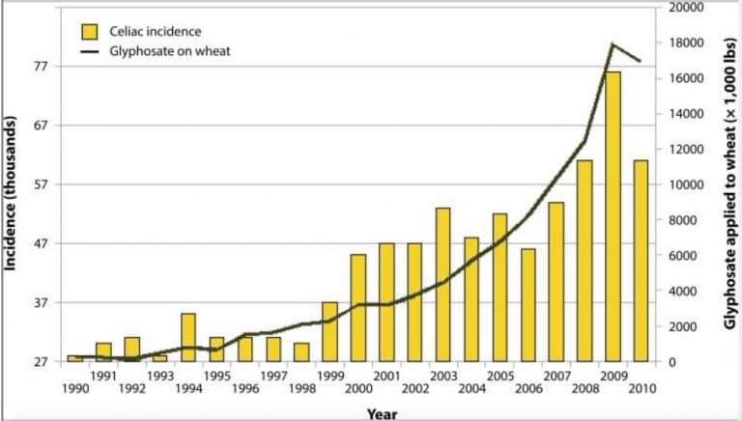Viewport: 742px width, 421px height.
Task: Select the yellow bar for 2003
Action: point(442,285)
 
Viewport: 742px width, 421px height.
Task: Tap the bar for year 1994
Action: point(187,337)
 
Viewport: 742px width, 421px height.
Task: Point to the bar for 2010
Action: point(641,261)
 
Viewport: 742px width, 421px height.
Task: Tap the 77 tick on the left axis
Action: point(42,67)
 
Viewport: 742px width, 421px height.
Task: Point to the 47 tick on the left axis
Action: point(42,243)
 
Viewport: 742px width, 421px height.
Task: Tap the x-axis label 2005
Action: point(499,375)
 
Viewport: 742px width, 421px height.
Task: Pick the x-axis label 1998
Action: point(301,389)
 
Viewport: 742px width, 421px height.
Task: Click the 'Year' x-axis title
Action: point(382,413)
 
